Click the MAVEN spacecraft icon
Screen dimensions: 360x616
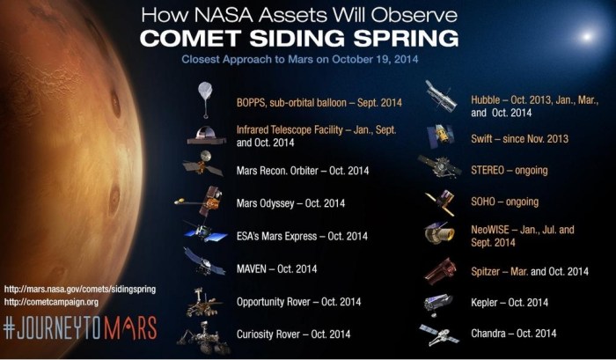[x=202, y=261]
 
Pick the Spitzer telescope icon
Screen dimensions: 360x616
[x=439, y=269]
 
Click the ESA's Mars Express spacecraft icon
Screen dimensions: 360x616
[x=202, y=231]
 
